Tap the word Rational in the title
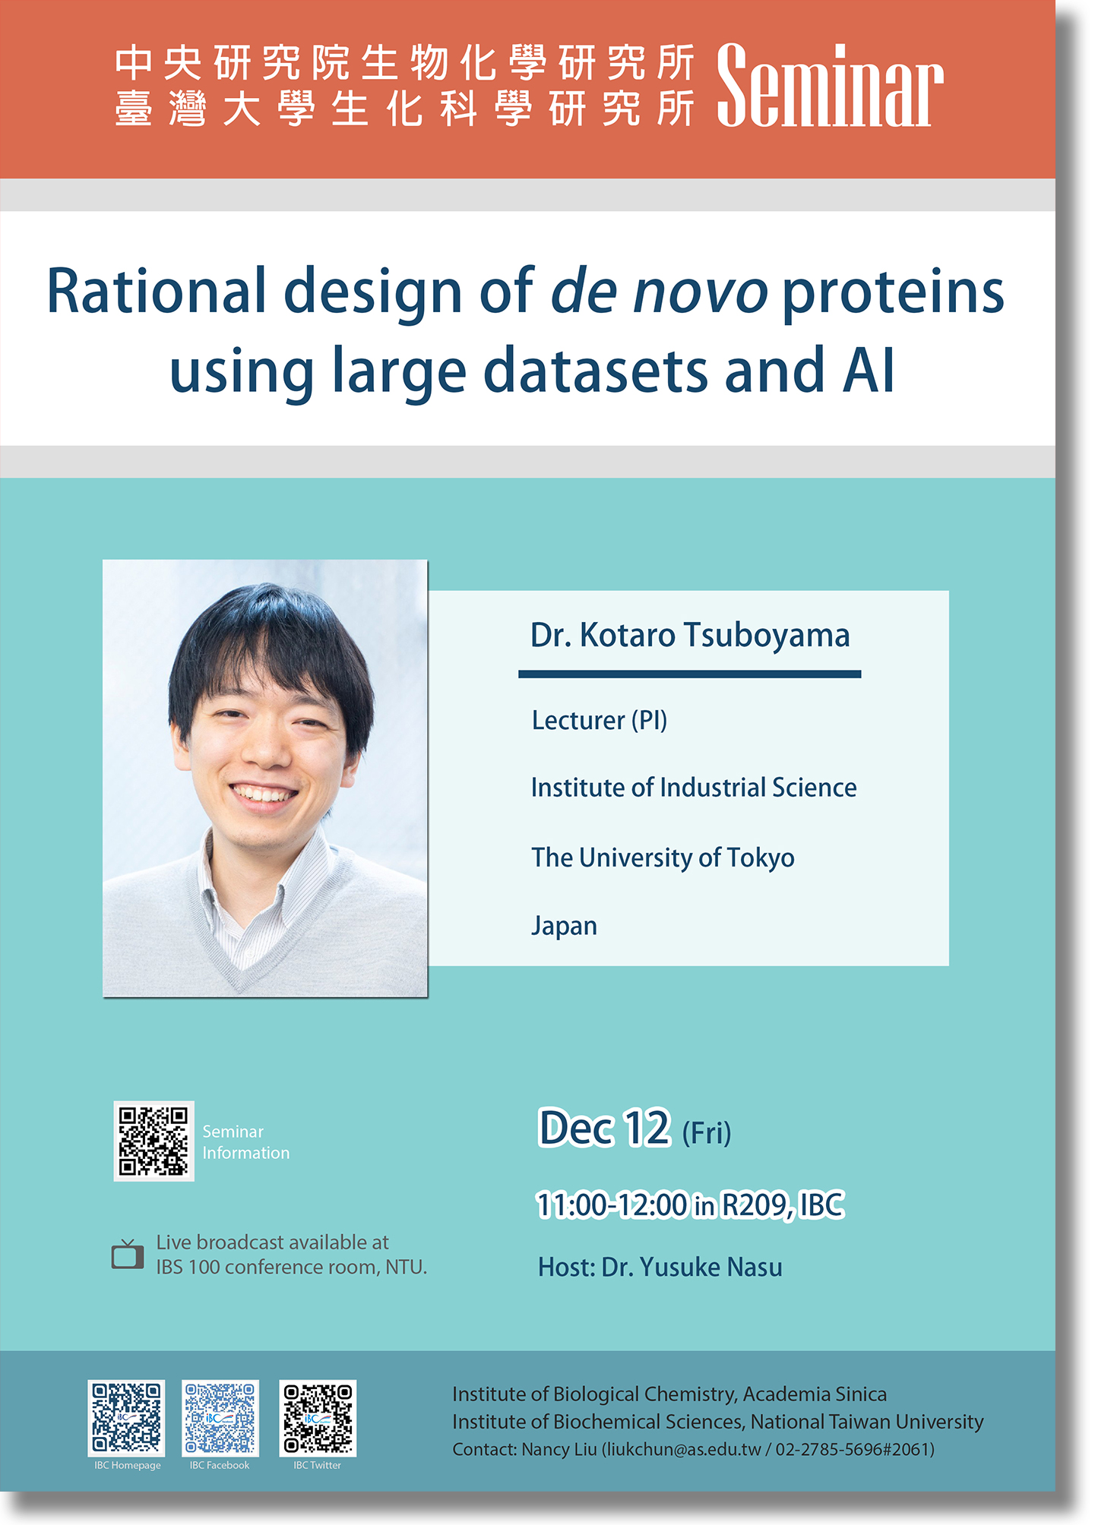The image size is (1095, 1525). pyautogui.click(x=157, y=292)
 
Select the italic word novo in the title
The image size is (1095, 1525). pyautogui.click(x=701, y=292)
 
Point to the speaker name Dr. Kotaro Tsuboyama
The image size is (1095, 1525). pyautogui.click(x=689, y=635)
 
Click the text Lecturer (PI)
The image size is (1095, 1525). pyautogui.click(x=599, y=720)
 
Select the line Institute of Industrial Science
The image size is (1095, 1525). pyautogui.click(x=693, y=788)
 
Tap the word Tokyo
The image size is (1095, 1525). pyautogui.click(x=761, y=857)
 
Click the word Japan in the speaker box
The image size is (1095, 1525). pyautogui.click(x=564, y=926)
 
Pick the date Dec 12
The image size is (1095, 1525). pyautogui.click(x=604, y=1128)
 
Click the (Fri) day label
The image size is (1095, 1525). pyautogui.click(x=706, y=1133)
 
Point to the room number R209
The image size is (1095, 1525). pyautogui.click(x=756, y=1205)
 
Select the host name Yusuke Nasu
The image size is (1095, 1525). pyautogui.click(x=710, y=1267)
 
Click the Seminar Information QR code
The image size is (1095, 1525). pyautogui.click(x=153, y=1141)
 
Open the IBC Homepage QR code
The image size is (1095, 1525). pyautogui.click(x=127, y=1417)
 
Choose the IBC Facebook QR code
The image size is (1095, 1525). pyautogui.click(x=220, y=1417)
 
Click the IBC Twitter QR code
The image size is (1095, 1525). pyautogui.click(x=318, y=1417)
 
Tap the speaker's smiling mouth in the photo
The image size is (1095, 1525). pyautogui.click(x=263, y=795)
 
